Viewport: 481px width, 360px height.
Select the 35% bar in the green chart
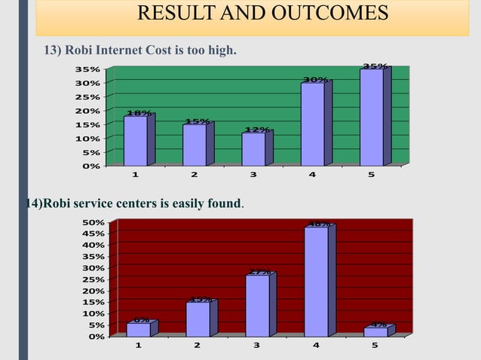pos(372,117)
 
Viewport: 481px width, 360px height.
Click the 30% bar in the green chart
pos(313,124)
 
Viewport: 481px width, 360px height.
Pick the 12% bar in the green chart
pos(253,148)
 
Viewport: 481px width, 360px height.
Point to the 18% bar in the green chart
pos(136,140)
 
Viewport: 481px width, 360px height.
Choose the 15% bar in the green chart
pos(195,145)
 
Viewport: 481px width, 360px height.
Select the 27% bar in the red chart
pos(257,305)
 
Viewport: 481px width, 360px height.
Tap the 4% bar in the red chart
pos(375,331)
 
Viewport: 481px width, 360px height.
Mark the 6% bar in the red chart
pos(139,329)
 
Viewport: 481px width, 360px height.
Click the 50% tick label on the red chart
pos(93,222)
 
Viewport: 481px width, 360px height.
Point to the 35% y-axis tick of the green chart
pos(84,69)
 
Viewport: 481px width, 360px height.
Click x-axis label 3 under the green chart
pos(253,175)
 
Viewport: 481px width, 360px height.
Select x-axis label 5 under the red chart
pos(375,346)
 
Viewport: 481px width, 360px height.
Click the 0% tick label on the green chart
pos(89,166)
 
